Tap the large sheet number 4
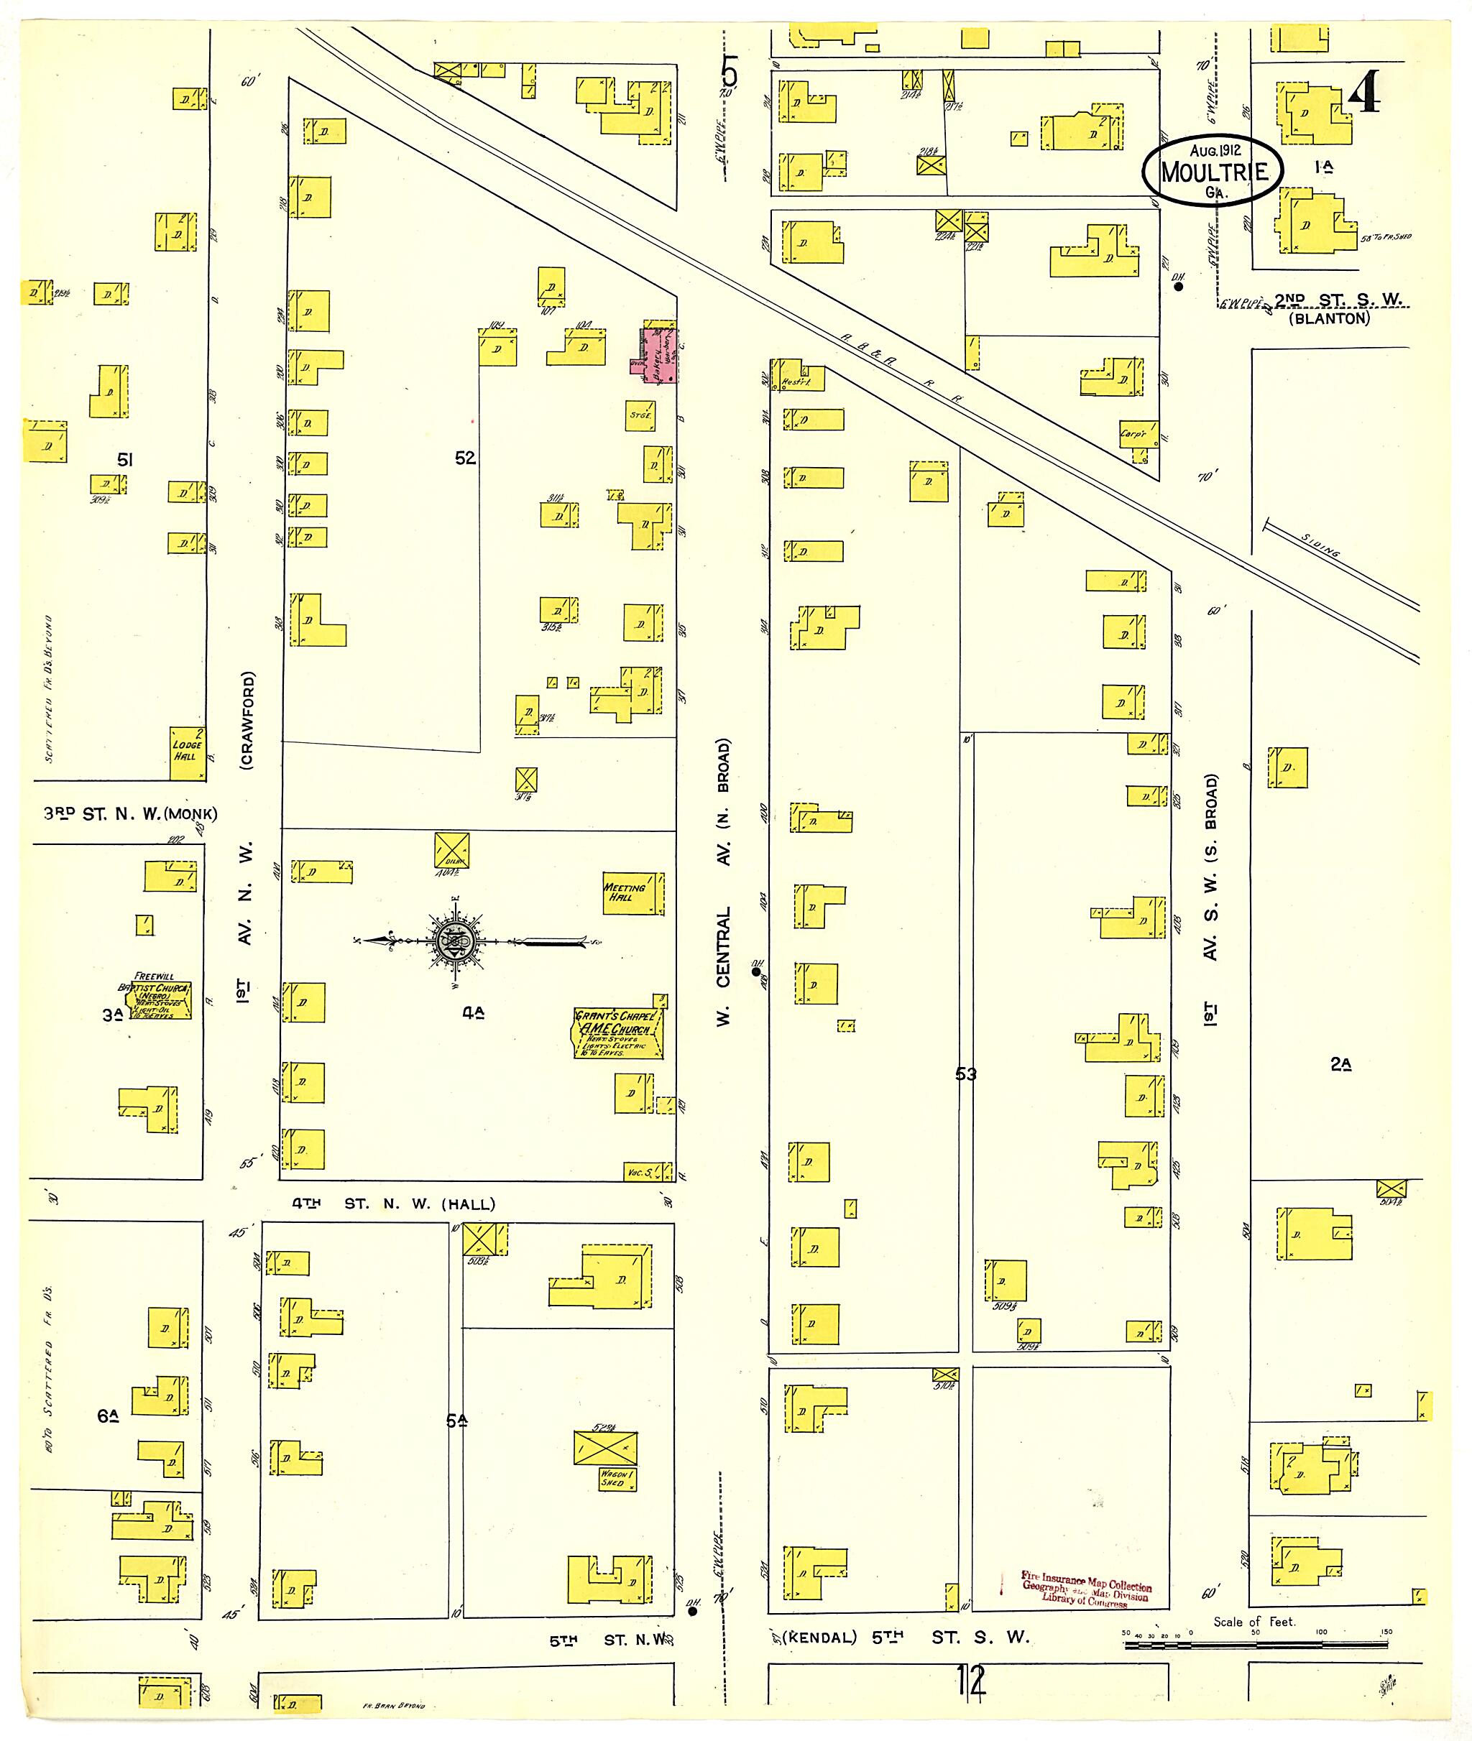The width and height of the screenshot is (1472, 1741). (x=1363, y=91)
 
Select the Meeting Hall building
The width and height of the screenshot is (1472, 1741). (x=632, y=892)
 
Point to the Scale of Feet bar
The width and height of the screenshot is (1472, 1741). (x=1256, y=1645)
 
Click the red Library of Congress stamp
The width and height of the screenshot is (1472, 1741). (x=1085, y=1589)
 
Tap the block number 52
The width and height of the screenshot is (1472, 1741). (x=465, y=458)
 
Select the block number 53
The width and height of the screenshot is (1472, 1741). (x=965, y=1073)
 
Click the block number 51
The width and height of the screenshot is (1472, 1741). (x=125, y=459)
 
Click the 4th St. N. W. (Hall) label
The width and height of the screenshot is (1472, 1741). (x=393, y=1204)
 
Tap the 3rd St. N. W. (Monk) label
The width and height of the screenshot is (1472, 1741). (x=130, y=813)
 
